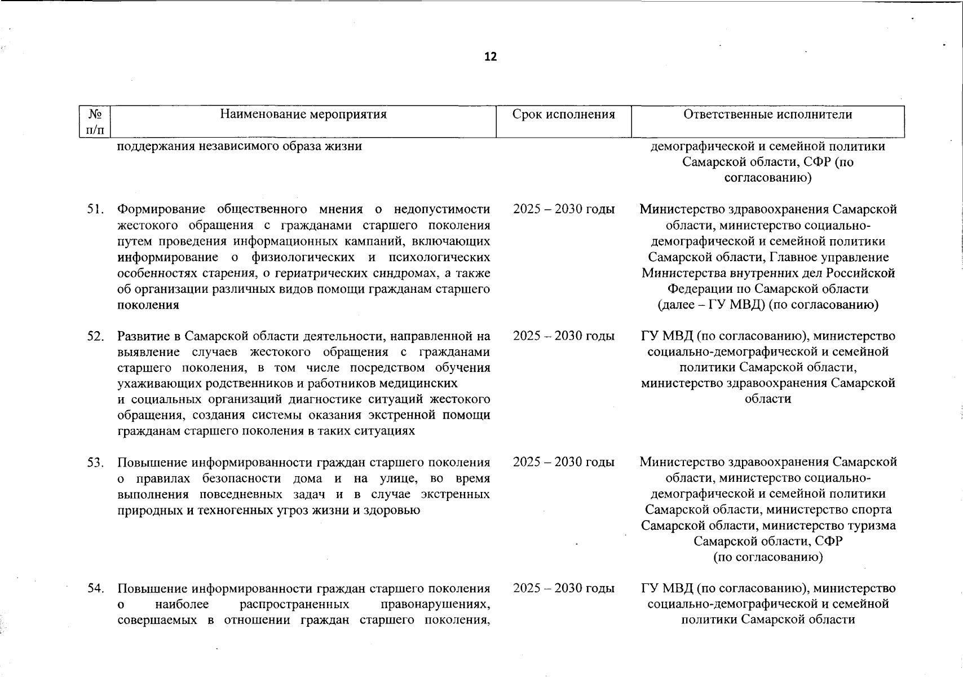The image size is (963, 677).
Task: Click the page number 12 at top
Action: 491,57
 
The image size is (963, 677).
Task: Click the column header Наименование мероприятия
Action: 303,115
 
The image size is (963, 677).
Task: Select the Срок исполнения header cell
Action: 563,115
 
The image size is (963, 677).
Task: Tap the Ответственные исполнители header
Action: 767,115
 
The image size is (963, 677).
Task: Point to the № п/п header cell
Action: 95,122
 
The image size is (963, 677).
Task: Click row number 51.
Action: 95,210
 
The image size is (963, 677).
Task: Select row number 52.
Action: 95,336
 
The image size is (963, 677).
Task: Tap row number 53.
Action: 95,463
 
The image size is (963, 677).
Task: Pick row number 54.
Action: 95,588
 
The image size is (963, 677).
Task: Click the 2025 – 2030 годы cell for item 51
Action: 563,209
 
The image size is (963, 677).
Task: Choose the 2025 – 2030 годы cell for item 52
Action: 563,336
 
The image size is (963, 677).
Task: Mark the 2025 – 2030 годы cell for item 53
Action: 563,462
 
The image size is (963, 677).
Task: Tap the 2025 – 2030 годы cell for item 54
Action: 563,588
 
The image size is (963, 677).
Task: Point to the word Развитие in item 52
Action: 142,336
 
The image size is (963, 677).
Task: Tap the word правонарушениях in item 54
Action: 435,605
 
